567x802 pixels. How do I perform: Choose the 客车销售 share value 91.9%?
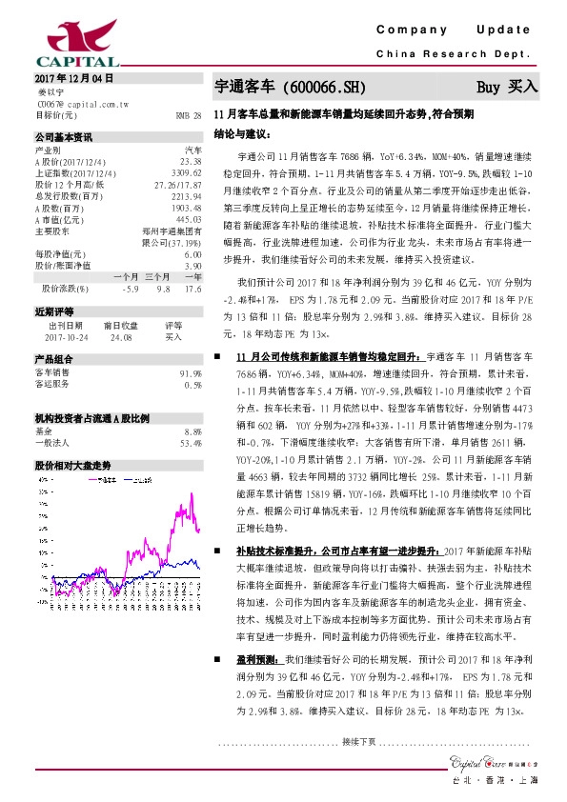click(x=191, y=373)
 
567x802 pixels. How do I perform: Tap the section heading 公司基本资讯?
click(x=63, y=137)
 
